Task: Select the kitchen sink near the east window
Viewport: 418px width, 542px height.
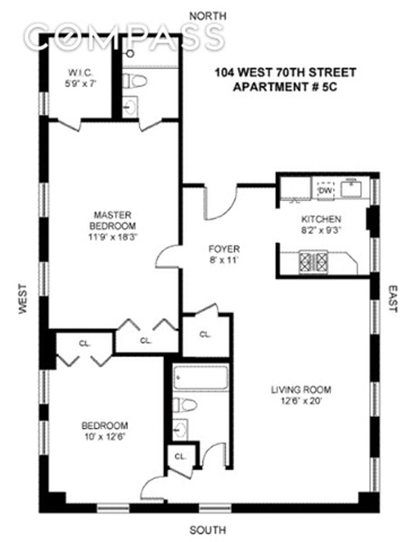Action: click(351, 189)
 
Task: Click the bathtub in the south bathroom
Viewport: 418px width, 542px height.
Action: click(201, 378)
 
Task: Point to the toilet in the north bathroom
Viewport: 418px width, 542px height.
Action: click(135, 81)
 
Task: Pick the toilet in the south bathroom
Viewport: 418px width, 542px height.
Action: click(185, 405)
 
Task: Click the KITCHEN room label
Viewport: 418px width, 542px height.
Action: click(321, 219)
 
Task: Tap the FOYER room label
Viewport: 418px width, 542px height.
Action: click(224, 249)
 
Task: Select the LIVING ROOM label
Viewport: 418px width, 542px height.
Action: click(301, 390)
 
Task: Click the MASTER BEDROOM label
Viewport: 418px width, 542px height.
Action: click(113, 221)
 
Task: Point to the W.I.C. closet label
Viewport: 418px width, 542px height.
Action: click(80, 73)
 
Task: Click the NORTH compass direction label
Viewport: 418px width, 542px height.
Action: click(208, 16)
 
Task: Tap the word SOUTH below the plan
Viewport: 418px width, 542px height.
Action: click(208, 529)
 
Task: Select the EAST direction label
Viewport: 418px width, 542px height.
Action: click(393, 298)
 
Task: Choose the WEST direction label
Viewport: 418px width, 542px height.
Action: click(23, 298)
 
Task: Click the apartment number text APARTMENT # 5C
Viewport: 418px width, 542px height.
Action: click(285, 87)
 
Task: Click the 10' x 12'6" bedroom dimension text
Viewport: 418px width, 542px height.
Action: click(104, 437)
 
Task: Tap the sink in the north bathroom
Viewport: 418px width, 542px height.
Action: click(130, 106)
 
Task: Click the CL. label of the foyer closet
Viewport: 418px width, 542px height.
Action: click(205, 335)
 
